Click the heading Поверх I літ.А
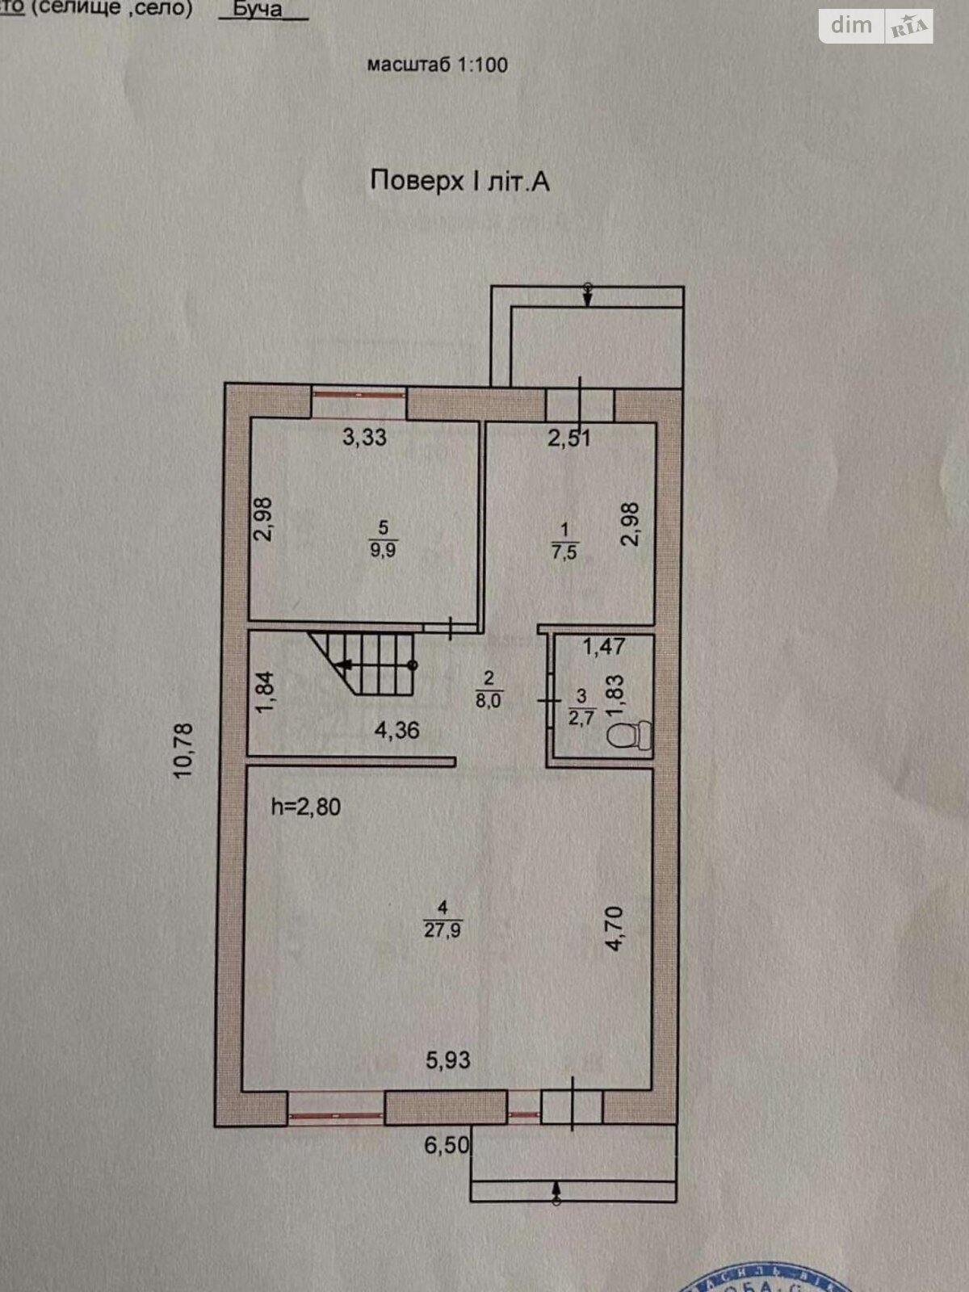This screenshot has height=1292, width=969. point(459,181)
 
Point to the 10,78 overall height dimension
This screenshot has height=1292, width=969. point(184,750)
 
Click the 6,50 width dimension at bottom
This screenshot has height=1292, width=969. point(447,1144)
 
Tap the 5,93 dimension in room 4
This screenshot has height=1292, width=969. point(447,1059)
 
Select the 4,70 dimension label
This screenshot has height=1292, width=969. point(615,928)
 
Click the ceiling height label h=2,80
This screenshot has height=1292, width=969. point(305,806)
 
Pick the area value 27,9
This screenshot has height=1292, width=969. point(443,930)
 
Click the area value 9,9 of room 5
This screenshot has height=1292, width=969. point(383,550)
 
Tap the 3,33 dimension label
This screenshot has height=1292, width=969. point(364,437)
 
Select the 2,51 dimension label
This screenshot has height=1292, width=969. point(569,438)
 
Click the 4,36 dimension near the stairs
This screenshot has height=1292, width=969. point(396,730)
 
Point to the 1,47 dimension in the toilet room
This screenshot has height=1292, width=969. point(604,646)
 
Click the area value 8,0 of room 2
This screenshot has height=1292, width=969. point(488,700)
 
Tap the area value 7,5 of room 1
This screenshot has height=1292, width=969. point(564,552)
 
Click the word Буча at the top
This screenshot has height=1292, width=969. point(257,10)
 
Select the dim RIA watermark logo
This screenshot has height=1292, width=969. point(876,26)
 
